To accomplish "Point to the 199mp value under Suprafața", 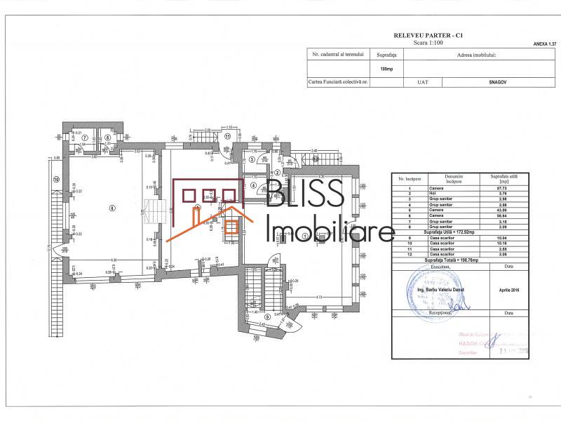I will pos(386,69).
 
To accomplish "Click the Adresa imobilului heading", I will pos(476,53).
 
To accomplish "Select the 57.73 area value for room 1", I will pos(503,188).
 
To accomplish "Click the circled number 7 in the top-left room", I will pos(84,138).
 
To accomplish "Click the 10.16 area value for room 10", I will pos(503,242).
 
